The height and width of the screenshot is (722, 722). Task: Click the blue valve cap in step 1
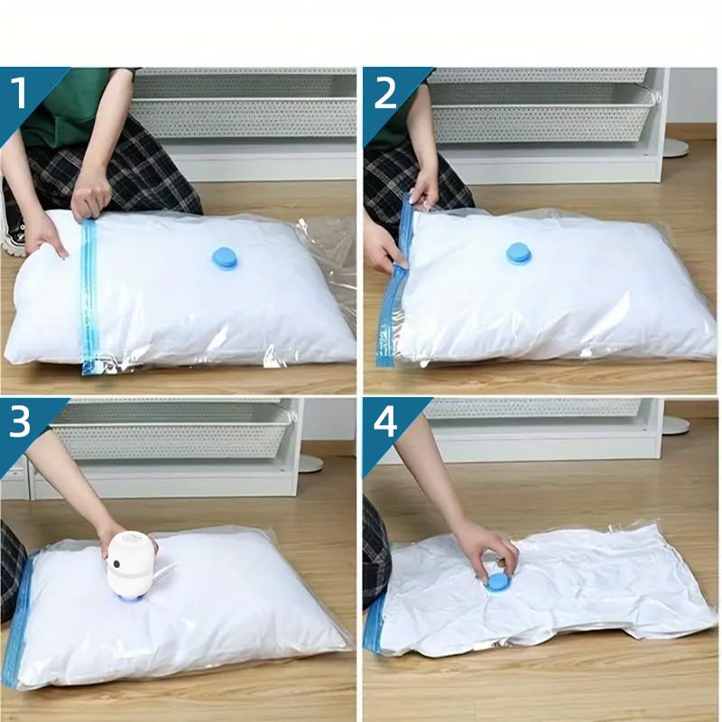click(x=225, y=259)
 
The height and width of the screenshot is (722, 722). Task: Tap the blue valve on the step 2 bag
click(x=518, y=254)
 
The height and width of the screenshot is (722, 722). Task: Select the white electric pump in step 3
click(x=130, y=565)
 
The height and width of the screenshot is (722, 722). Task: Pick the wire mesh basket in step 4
click(x=532, y=409)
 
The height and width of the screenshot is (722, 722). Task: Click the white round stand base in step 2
click(x=674, y=146)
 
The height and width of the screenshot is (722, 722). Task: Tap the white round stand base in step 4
click(x=674, y=425)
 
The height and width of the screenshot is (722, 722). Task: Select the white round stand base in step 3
click(x=310, y=463)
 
